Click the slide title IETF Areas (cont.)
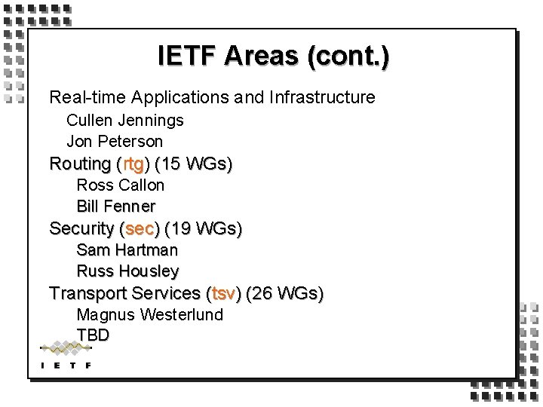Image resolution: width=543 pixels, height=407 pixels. click(x=274, y=57)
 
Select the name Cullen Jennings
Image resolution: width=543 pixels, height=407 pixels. click(x=124, y=120)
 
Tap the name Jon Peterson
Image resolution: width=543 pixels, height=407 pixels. click(x=115, y=141)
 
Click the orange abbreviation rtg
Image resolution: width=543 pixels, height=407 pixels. click(x=133, y=164)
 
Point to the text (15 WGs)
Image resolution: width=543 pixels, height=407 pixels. click(x=193, y=164)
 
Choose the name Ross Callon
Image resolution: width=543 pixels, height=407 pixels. click(x=120, y=185)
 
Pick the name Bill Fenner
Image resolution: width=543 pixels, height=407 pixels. click(x=115, y=206)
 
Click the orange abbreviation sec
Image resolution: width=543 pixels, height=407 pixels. click(x=139, y=228)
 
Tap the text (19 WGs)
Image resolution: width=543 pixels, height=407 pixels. click(x=203, y=228)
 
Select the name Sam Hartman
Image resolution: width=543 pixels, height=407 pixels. click(x=127, y=249)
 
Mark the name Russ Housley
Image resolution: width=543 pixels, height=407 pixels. click(x=127, y=271)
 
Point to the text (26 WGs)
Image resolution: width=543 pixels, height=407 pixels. click(x=285, y=293)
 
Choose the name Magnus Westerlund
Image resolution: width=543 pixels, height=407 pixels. click(x=149, y=314)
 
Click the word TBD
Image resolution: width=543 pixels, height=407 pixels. click(x=93, y=335)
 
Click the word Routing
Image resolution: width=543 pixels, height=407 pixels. click(x=80, y=164)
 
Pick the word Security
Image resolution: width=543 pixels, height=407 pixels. click(x=81, y=228)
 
